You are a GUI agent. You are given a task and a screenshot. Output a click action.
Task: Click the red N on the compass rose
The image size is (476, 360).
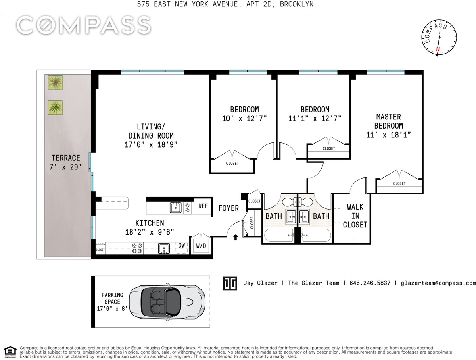(438, 49)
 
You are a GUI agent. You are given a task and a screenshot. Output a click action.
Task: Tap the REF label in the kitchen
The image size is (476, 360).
(203, 206)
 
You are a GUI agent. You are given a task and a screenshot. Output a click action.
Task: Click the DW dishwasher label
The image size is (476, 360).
(182, 245)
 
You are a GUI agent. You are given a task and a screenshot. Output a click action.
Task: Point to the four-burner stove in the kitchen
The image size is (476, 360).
(137, 248)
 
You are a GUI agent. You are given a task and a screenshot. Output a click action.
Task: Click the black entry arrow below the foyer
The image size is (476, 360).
(236, 237)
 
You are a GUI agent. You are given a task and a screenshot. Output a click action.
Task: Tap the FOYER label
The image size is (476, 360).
(228, 208)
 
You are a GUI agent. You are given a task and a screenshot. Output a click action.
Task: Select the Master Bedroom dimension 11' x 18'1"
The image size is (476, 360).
(388, 135)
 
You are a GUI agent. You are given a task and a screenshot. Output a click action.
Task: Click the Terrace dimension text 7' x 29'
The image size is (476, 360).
(65, 167)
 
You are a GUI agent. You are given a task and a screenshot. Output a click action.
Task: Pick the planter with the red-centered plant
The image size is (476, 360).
(55, 83)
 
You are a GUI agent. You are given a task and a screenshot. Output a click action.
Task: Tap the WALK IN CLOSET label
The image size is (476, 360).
(355, 216)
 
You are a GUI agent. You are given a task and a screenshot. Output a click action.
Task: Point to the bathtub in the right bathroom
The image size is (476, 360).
(316, 235)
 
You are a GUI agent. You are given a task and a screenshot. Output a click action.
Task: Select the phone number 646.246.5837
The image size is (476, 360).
(370, 283)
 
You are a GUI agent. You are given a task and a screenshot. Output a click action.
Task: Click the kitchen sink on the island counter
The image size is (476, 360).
(175, 208)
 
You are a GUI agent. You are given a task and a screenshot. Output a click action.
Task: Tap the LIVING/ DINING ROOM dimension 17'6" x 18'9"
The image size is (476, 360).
(151, 145)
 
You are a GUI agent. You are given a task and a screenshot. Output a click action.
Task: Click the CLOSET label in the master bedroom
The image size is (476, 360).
(399, 183)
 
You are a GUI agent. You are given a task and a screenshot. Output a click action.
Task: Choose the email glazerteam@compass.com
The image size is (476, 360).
(438, 283)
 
